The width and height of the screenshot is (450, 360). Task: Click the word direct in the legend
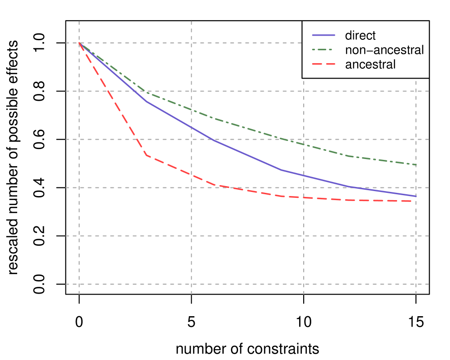point(360,35)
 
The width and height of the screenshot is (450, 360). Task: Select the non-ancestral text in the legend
point(384,50)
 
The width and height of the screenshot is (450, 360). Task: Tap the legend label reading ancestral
point(370,64)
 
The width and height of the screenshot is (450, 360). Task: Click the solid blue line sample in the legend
point(324,35)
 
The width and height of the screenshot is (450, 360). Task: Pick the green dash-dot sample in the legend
point(324,50)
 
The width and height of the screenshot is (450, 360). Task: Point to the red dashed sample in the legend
point(324,64)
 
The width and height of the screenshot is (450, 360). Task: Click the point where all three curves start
point(80,43)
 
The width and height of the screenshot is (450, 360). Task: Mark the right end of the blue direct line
point(416,196)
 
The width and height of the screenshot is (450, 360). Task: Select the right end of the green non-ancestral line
point(416,165)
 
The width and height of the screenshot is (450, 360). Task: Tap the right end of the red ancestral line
point(416,201)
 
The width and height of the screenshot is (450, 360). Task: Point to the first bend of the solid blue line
point(147,102)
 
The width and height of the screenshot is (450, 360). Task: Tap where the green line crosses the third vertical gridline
point(304,144)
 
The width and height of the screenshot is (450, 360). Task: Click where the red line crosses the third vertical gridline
point(304,198)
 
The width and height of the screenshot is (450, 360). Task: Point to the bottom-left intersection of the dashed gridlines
point(80,284)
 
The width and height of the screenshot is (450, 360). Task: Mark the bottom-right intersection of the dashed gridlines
point(416,284)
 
